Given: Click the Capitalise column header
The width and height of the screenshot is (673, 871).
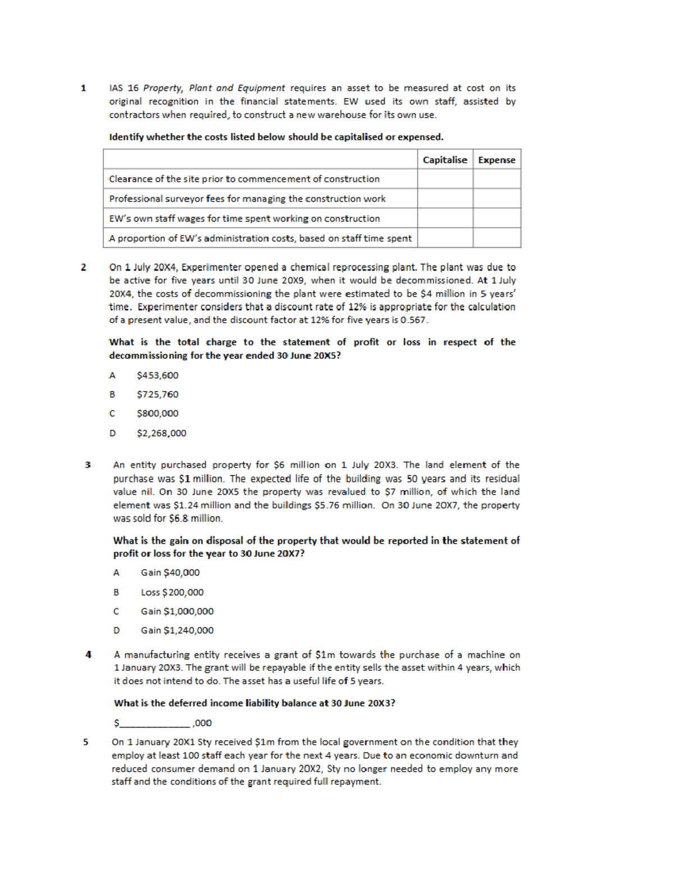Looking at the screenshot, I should tap(445, 160).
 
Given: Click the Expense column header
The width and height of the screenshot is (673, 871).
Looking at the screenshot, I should tap(496, 160).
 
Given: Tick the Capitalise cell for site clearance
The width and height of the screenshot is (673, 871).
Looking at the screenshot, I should tap(445, 179).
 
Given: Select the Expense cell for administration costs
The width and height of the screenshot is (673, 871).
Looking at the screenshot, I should tap(496, 238).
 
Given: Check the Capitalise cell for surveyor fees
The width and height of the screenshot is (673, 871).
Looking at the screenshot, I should tap(445, 199).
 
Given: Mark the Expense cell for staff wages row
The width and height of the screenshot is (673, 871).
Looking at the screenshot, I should tap(496, 218).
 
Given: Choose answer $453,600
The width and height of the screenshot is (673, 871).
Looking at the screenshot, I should tap(158, 375).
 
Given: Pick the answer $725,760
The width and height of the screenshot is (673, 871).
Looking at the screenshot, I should tap(158, 394).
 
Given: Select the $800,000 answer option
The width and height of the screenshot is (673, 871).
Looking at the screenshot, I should tap(158, 413).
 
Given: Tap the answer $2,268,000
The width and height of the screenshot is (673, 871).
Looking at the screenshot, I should tap(162, 433).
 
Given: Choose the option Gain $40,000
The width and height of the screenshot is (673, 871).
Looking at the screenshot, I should tap(170, 573).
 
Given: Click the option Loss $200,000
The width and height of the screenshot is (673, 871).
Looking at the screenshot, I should tap(172, 592).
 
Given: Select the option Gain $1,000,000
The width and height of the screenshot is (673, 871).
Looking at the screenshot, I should tap(177, 611).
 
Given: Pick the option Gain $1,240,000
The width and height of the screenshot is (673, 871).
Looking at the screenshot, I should tap(177, 630).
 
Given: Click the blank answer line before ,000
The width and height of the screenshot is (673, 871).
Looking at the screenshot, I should tap(155, 723).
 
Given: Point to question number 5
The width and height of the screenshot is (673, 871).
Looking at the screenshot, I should tap(86, 742).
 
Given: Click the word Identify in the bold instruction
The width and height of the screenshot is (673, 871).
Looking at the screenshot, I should tap(126, 137).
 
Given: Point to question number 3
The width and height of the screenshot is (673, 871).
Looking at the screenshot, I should tap(87, 465).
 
